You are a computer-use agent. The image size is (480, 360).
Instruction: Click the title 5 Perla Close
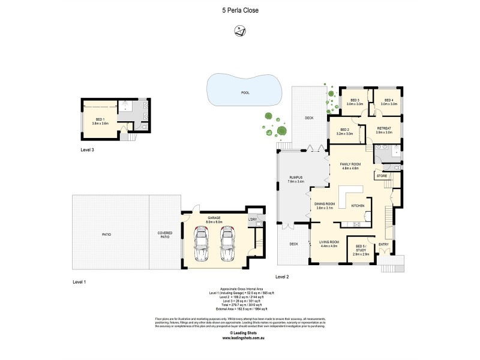pos(239,10)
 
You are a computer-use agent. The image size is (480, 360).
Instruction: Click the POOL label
pos(245,93)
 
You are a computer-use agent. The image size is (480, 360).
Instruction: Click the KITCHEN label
pos(358,206)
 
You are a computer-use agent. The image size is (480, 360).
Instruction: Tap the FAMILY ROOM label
pos(349,166)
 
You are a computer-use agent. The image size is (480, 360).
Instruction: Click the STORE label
pos(382,176)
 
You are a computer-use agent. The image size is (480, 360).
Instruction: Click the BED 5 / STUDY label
pos(360,248)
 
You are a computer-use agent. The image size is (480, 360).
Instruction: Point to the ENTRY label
pos(384,244)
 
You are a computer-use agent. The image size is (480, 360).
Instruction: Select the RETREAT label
pos(384,130)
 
